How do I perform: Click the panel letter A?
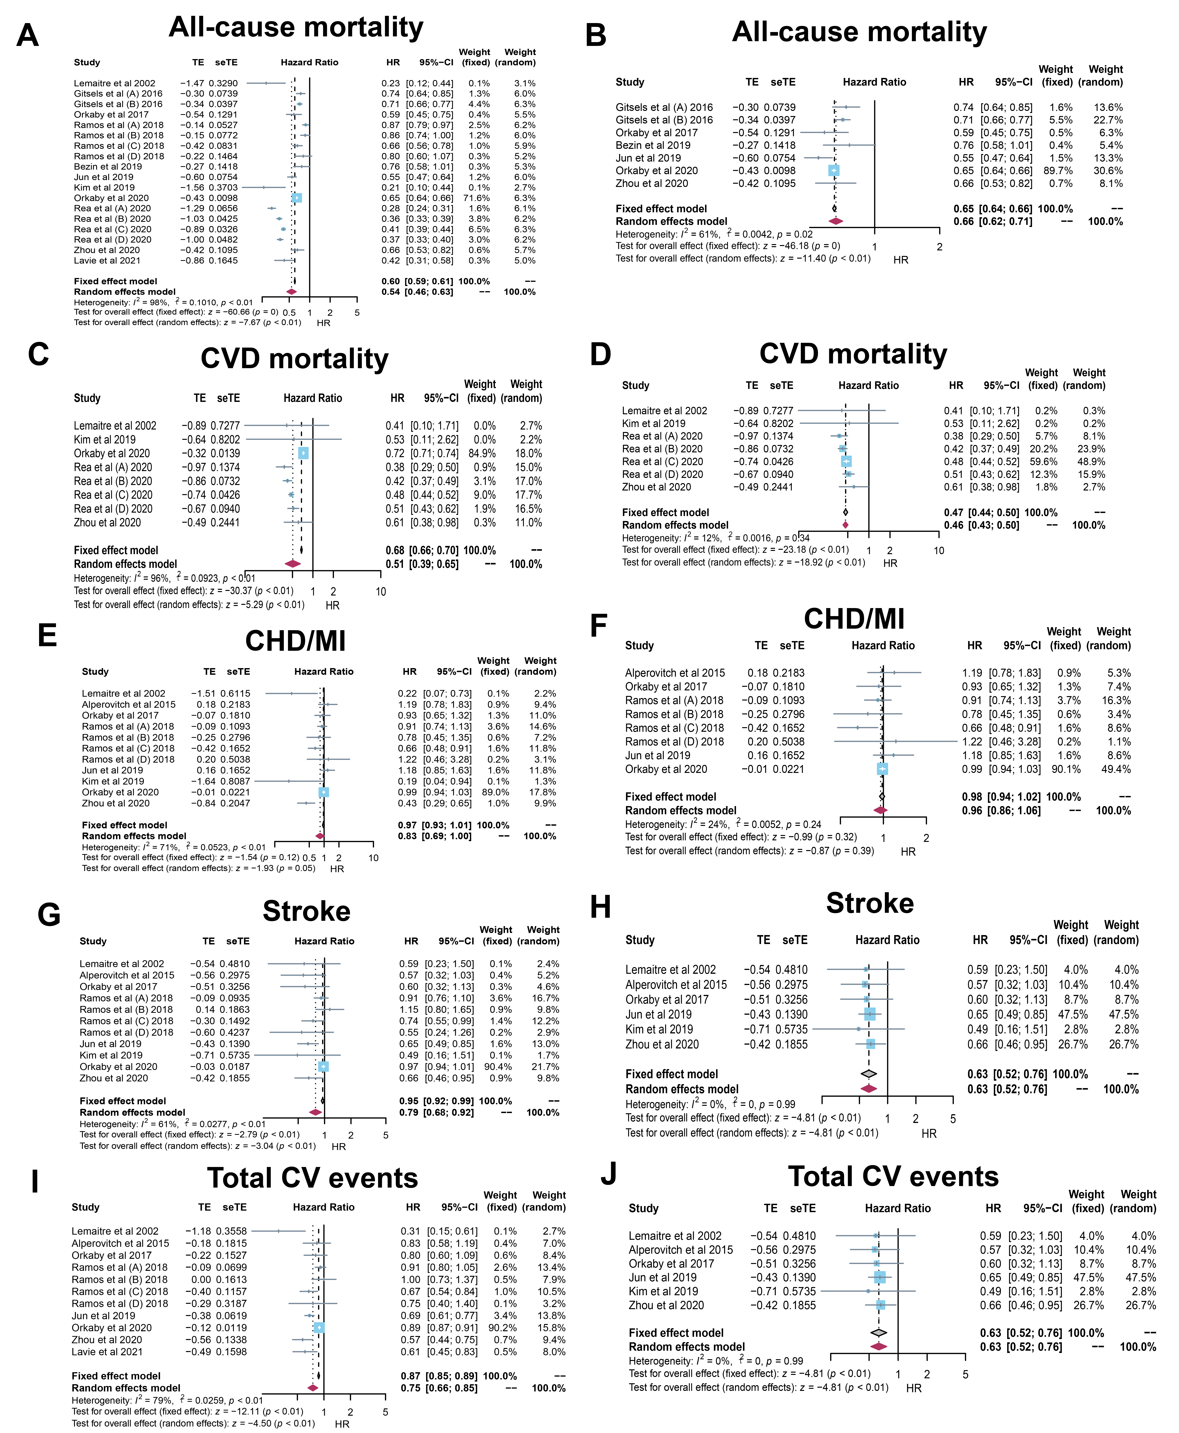coord(27,35)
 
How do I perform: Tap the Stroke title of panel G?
coord(306,911)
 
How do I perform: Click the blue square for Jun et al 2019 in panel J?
coord(880,1277)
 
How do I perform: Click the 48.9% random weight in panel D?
coord(1091,461)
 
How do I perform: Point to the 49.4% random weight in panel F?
coord(1117,769)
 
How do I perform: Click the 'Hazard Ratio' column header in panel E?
coord(323,671)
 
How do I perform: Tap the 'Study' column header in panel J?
coord(643,1208)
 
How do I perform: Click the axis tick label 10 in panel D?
coord(939,550)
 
